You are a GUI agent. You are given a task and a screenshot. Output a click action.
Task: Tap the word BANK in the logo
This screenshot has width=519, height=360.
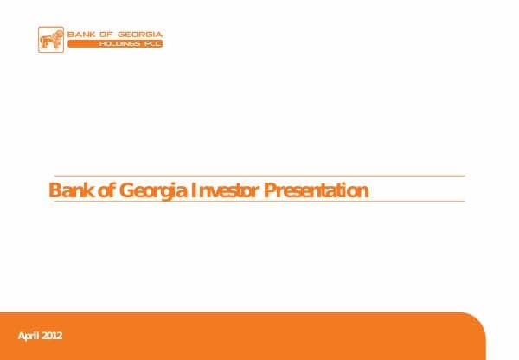tap(84, 35)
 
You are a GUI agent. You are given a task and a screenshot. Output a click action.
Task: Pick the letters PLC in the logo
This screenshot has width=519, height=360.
tap(151, 44)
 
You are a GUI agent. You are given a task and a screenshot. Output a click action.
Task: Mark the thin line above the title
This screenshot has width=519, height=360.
tap(259, 176)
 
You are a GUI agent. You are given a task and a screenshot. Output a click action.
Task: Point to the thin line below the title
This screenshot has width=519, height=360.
tap(259, 202)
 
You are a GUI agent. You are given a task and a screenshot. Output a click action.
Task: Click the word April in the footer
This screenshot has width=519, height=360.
tap(29, 336)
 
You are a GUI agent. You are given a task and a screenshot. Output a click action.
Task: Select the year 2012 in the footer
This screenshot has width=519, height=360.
tap(53, 336)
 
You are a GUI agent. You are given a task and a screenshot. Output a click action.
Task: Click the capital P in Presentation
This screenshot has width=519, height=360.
tap(269, 190)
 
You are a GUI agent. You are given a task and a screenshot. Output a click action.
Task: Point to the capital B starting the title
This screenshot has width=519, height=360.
tap(54, 190)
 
